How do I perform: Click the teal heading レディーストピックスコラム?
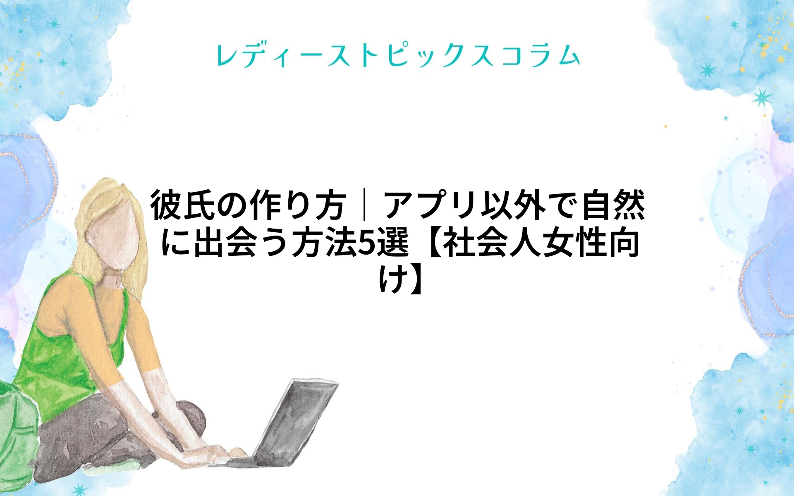click(x=398, y=56)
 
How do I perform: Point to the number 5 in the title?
click(x=366, y=243)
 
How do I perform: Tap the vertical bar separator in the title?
click(x=364, y=205)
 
